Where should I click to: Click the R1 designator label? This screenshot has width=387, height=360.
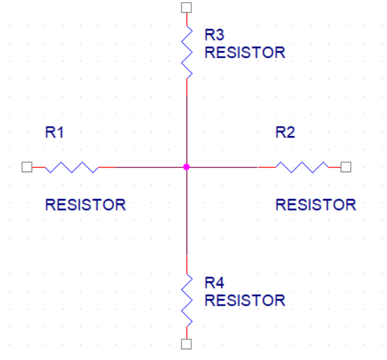pyautogui.click(x=55, y=133)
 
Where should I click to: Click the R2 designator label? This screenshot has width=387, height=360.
pyautogui.click(x=285, y=133)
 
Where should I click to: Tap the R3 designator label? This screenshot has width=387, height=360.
pyautogui.click(x=214, y=35)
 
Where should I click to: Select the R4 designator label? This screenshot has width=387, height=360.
pyautogui.click(x=214, y=283)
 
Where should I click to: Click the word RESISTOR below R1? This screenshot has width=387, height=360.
pyautogui.click(x=85, y=205)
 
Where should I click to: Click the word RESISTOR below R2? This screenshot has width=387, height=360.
pyautogui.click(x=315, y=205)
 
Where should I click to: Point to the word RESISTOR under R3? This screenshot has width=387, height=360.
pyautogui.click(x=245, y=52)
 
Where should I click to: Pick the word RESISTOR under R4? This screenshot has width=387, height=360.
pyautogui.click(x=245, y=300)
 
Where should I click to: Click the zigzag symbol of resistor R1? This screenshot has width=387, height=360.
pyautogui.click(x=72, y=167)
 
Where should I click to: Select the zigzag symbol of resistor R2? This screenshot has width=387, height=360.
pyautogui.click(x=302, y=167)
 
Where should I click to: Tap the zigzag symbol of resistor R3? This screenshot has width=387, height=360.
pyautogui.click(x=187, y=52)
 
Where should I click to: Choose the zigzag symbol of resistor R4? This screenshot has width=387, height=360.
pyautogui.click(x=187, y=300)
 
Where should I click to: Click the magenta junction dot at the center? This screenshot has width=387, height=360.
pyautogui.click(x=186, y=167)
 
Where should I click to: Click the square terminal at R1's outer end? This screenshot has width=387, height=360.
pyautogui.click(x=27, y=167)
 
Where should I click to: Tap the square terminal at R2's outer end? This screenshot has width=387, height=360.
pyautogui.click(x=346, y=167)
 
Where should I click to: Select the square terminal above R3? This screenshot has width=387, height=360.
pyautogui.click(x=186, y=8)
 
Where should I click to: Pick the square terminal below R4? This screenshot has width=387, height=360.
pyautogui.click(x=186, y=344)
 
